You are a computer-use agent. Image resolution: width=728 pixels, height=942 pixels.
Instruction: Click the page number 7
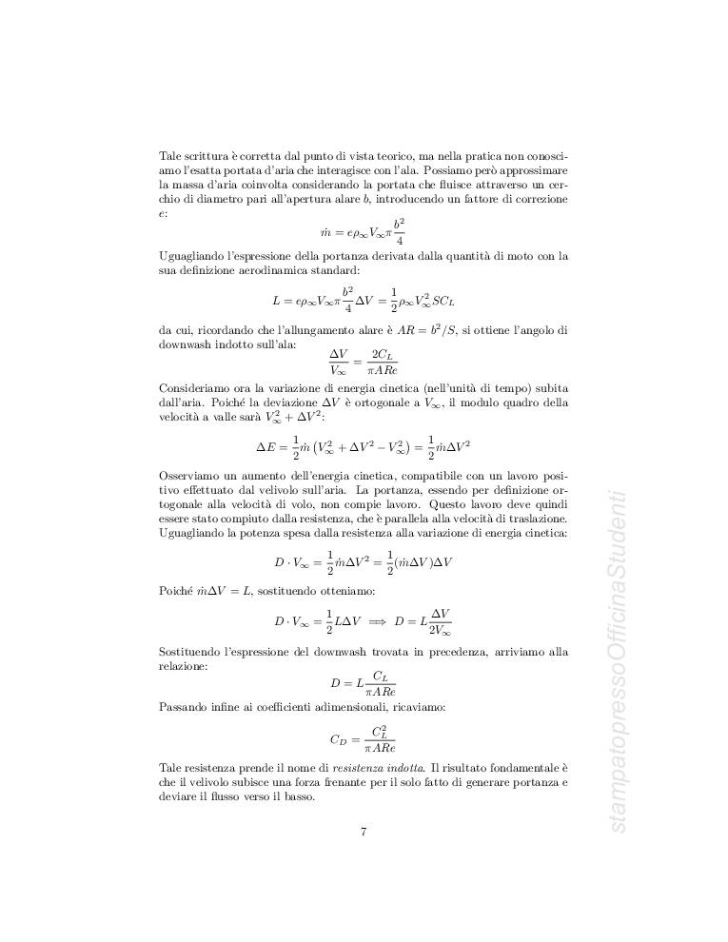[364, 831]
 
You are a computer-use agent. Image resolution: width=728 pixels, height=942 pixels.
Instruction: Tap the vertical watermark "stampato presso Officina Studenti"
[617, 661]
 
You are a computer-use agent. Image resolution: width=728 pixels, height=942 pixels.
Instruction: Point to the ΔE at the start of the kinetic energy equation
[266, 445]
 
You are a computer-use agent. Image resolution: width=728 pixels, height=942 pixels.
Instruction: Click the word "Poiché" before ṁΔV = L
[177, 592]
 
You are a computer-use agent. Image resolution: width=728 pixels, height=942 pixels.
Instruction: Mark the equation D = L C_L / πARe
[364, 681]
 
